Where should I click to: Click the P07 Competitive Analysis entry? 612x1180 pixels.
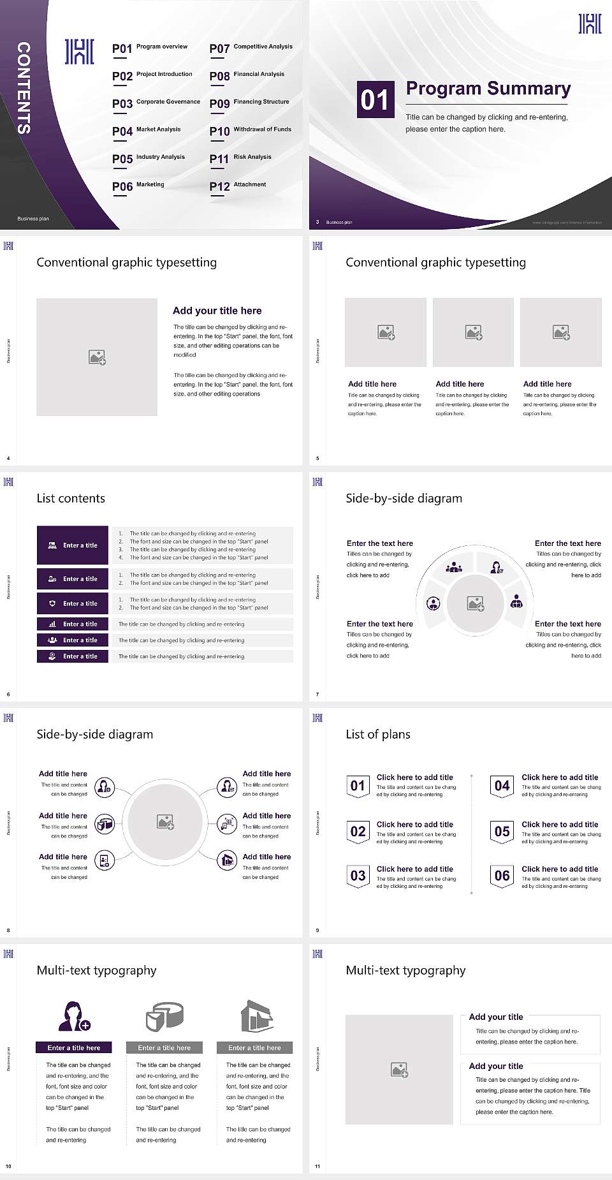click(251, 48)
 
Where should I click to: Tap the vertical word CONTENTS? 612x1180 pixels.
click(24, 87)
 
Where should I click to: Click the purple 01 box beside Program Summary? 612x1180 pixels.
click(375, 100)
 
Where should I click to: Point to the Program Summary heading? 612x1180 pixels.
click(488, 89)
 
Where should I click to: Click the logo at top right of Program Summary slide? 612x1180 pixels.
click(590, 24)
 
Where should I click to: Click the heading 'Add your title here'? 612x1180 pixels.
click(217, 311)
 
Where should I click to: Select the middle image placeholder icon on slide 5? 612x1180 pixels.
click(473, 332)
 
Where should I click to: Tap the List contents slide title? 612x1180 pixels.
click(71, 498)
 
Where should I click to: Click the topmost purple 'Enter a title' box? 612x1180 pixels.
click(73, 545)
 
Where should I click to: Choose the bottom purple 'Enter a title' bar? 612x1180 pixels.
click(73, 656)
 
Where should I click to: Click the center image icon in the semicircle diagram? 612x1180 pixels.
click(476, 603)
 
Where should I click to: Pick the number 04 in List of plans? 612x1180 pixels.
click(502, 786)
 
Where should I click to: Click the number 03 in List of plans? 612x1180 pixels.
click(358, 876)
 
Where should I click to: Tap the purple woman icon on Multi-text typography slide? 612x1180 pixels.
click(74, 1016)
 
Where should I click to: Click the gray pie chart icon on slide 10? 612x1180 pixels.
click(164, 1016)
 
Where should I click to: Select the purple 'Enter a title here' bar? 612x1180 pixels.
click(74, 1048)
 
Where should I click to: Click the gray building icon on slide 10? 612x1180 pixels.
click(257, 1016)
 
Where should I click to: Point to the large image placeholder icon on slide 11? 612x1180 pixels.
click(400, 1070)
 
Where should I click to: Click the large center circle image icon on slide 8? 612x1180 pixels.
click(166, 822)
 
